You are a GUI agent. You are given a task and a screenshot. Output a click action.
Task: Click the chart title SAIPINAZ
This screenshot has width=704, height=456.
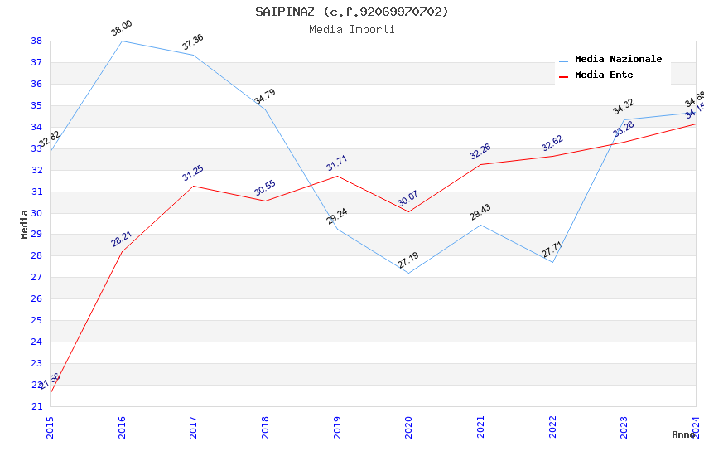coord(351,12)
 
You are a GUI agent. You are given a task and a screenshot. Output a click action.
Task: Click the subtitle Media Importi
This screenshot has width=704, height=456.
coord(351,30)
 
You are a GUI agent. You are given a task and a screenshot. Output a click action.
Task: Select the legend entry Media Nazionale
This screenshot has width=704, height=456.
coord(618,60)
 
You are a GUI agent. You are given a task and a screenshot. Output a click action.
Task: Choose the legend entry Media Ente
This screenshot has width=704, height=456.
coord(604,75)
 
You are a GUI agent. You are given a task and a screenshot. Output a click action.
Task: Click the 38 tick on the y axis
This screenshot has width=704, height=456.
coord(36,41)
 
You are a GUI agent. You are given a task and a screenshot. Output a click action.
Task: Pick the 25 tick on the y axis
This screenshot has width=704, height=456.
coord(36,320)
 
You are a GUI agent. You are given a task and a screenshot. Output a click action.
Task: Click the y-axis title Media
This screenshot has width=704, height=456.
coord(25,224)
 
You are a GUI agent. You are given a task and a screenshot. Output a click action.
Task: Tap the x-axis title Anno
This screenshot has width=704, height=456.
coord(683,434)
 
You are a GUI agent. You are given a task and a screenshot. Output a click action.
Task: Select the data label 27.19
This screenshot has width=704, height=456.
coord(408,260)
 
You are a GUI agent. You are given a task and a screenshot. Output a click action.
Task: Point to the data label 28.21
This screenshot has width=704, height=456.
coord(122,239)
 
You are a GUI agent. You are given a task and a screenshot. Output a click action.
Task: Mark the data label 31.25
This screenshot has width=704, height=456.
coord(193,173)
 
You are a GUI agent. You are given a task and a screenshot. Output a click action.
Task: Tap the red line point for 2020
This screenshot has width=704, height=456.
coord(408,211)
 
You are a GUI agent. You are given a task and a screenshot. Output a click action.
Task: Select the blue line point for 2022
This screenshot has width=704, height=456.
coord(552,262)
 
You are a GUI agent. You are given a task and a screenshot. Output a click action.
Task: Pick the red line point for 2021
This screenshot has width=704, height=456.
coord(480,164)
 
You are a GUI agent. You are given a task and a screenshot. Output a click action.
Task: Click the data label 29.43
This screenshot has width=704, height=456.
coord(480,212)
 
